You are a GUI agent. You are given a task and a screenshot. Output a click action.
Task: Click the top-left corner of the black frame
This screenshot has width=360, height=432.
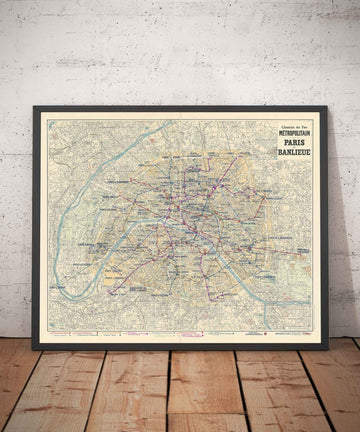(33, 107)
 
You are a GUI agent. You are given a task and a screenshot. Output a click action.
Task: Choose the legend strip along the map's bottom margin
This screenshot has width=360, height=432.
(180, 334)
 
